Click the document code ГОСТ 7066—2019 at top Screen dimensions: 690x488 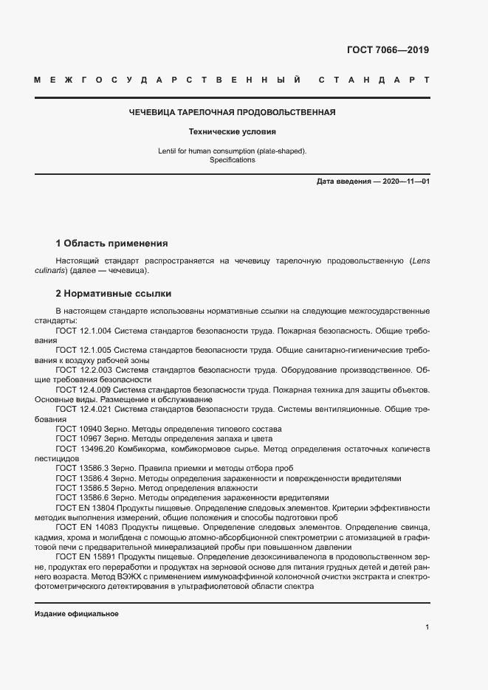(x=387, y=50)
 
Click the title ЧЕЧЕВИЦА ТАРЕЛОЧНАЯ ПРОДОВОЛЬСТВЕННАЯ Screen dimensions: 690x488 (x=232, y=112)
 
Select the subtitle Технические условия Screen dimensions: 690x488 (x=232, y=132)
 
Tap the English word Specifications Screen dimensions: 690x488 (x=232, y=159)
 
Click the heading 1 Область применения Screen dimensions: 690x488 (x=112, y=243)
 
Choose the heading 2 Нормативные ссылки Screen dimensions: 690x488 (x=114, y=292)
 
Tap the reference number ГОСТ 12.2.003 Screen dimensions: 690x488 (x=83, y=368)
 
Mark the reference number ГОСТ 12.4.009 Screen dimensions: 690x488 (x=83, y=388)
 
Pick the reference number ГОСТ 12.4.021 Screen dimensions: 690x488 (x=83, y=408)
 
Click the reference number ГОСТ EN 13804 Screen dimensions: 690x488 (x=86, y=508)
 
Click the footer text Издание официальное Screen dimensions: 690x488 (x=77, y=614)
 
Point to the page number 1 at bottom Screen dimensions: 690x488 (x=427, y=627)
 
